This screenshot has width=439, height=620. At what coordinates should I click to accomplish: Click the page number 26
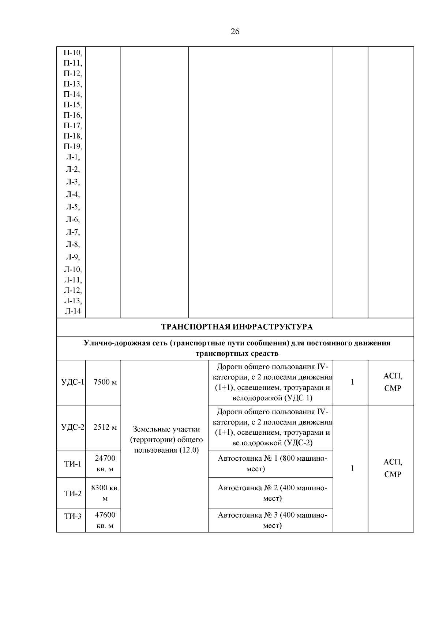point(235,31)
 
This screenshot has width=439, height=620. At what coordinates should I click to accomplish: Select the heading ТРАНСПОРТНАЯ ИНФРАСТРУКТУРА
point(237,327)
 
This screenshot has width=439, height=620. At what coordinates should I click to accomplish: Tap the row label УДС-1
point(72,382)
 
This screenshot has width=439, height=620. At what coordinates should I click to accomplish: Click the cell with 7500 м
point(105,382)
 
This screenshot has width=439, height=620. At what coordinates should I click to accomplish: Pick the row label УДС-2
point(72,427)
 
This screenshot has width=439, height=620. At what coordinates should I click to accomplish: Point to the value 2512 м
point(105,427)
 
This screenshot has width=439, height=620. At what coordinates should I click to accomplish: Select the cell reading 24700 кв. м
point(105,464)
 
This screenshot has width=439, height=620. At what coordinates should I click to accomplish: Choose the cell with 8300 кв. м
point(105,493)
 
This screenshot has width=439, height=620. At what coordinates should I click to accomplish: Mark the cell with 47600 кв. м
point(105,520)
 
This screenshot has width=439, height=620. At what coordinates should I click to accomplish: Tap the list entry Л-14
point(73,311)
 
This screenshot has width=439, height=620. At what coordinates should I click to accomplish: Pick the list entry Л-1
point(73,157)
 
